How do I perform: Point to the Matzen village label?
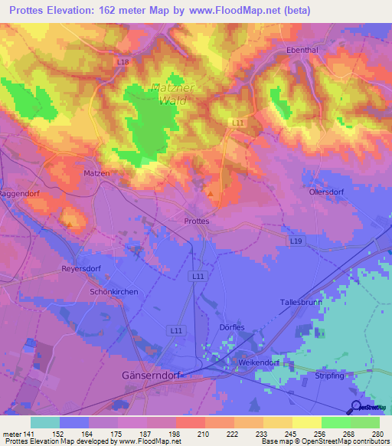(x=96, y=174)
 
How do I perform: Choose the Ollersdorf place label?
(x=328, y=192)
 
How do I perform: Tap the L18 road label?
(x=124, y=61)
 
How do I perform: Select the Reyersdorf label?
(x=80, y=270)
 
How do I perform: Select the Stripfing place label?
(x=330, y=375)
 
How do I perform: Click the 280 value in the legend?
(x=379, y=433)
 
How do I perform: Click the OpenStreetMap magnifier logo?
(x=356, y=406)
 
